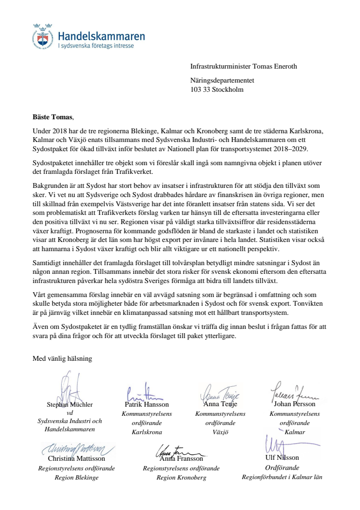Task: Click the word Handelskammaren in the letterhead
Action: tap(101, 36)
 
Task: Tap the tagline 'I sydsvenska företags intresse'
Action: tap(96, 46)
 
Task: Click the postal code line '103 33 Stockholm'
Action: tap(217, 90)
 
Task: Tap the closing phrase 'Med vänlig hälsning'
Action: tap(62, 358)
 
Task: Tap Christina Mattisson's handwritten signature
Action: tap(77, 449)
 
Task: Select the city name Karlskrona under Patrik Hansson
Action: tap(147, 432)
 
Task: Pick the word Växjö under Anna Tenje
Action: tap(220, 432)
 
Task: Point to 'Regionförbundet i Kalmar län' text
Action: tap(282, 477)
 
